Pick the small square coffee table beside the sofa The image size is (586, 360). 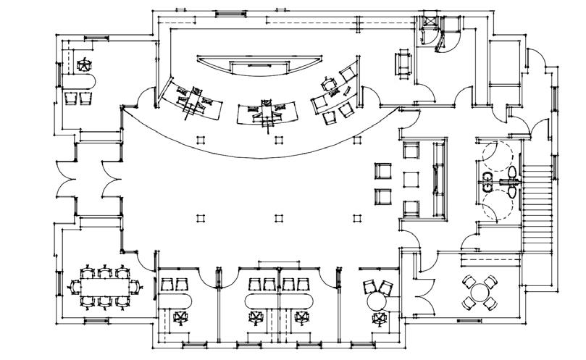click(x=411, y=179)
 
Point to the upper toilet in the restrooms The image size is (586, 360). click(x=512, y=172)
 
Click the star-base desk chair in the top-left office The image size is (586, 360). click(x=85, y=64)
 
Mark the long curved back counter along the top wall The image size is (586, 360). click(x=264, y=67)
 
